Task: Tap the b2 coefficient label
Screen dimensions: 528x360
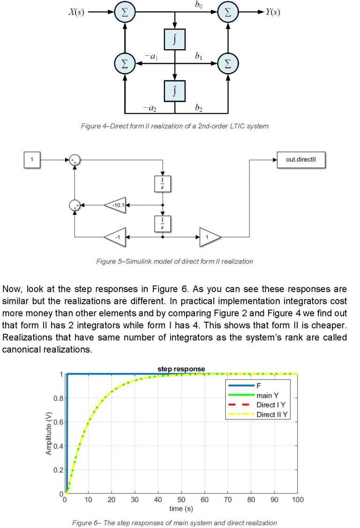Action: tap(199, 108)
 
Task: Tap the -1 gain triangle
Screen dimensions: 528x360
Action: tap(115, 237)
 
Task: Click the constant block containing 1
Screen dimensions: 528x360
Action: tap(32, 160)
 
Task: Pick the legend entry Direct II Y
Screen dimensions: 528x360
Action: tap(271, 415)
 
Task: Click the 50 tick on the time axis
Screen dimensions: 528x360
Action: tap(181, 500)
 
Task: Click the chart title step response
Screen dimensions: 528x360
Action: tap(181, 369)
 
